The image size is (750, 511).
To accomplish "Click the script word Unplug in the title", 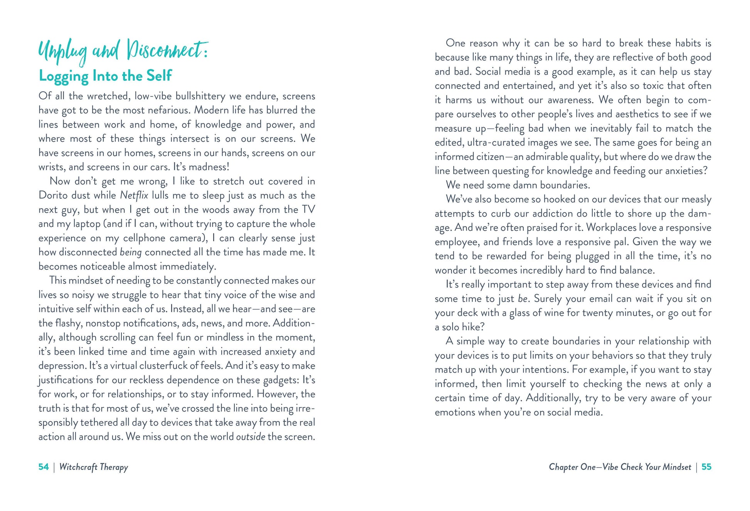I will [x=62, y=52].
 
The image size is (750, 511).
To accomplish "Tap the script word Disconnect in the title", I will [x=166, y=51].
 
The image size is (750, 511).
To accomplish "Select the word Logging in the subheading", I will [x=64, y=76].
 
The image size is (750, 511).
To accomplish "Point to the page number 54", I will [x=44, y=467].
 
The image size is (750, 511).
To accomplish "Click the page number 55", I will [x=706, y=467].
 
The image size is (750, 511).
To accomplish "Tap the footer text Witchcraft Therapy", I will [x=93, y=467].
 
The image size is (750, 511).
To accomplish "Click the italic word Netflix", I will [x=134, y=195].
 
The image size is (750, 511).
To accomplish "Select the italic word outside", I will [x=251, y=437].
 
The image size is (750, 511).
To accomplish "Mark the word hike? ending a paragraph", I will [x=472, y=327].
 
